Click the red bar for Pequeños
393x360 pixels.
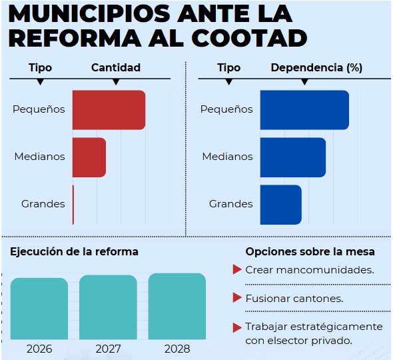[109, 110]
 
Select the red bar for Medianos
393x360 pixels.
[89, 157]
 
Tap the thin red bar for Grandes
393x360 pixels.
[73, 204]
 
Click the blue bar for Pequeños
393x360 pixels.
[304, 110]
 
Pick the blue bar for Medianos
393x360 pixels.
[292, 157]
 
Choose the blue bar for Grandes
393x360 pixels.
[280, 204]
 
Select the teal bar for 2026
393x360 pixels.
[39, 309]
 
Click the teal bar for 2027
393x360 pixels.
[108, 307]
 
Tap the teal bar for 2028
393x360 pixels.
[177, 306]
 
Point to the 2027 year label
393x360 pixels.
[108, 349]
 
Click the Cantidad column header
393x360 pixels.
[116, 67]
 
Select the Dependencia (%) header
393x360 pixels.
[316, 67]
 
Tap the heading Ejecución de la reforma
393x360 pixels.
[74, 251]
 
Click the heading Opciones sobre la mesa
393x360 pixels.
[310, 251]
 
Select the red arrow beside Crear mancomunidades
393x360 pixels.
[236, 269]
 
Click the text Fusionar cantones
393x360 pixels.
[294, 299]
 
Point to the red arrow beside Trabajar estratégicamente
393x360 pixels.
[236, 327]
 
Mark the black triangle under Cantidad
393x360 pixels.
[116, 82]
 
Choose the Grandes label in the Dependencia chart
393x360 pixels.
[230, 204]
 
